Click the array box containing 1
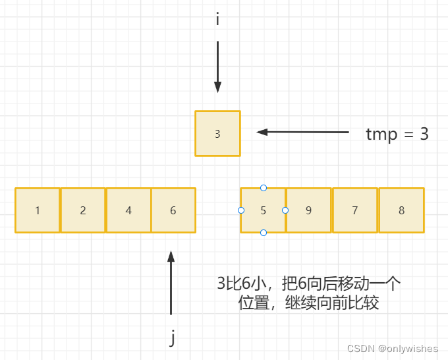pos(38,210)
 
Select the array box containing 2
pos(83,210)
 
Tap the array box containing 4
pos(128,210)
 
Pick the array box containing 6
pos(173,210)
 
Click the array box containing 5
pos(263,210)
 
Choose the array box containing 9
pos(308,210)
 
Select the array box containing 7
pos(355,210)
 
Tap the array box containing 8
pos(401,210)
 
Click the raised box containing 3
pos(217,134)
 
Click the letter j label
pos(172,338)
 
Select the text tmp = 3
pos(397,134)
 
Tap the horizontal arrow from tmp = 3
pos(302,132)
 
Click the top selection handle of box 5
pos(264,188)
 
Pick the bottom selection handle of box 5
pos(264,233)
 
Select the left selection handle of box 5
pos(240,210)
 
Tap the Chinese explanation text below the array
pos(309,293)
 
